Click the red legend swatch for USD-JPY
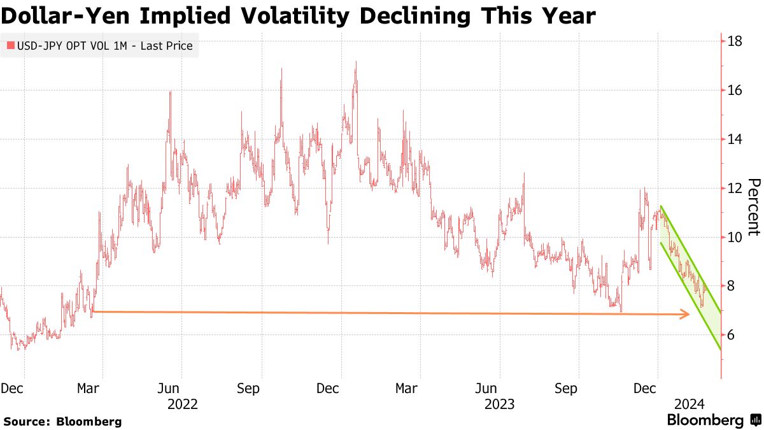tap(10, 46)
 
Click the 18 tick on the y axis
tap(735, 41)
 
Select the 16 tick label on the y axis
tap(735, 90)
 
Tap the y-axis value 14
tap(735, 140)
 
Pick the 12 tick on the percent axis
tap(735, 189)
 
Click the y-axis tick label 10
tap(735, 238)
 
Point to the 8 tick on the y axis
tap(732, 287)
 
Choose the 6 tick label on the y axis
tap(732, 335)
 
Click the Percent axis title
tap(753, 207)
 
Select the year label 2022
tap(182, 404)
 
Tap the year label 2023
tap(500, 404)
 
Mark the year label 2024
tap(688, 404)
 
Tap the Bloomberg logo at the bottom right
tap(713, 420)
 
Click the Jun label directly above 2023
tap(486, 389)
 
